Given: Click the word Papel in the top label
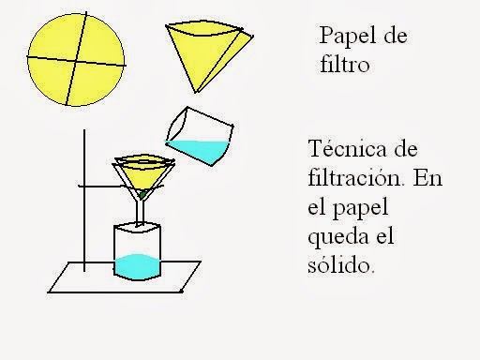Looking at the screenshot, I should [x=343, y=37].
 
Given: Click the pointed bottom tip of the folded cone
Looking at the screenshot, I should [x=198, y=91].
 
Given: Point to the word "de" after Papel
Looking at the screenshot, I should [x=397, y=37].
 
